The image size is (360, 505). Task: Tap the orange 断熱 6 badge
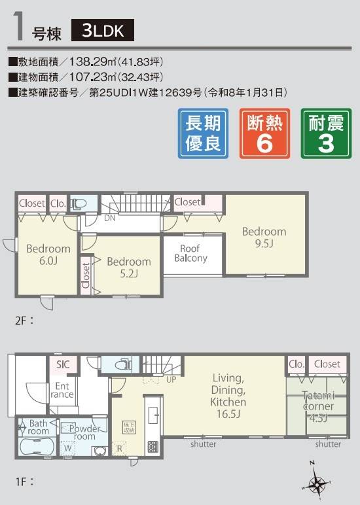tap(264, 133)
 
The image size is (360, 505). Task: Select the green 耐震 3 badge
tap(325, 133)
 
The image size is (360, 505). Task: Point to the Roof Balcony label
tap(190, 253)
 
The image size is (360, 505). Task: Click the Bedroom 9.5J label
tap(264, 237)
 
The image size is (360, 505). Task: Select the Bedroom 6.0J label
tap(48, 254)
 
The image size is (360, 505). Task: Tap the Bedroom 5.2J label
tap(128, 267)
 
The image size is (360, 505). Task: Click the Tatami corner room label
tap(318, 406)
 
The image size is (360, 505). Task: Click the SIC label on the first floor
tap(63, 364)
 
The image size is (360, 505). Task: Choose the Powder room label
tap(79, 432)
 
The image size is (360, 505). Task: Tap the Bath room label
tap(38, 428)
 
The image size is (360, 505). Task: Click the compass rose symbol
tap(317, 484)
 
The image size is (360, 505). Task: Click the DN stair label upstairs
tap(109, 217)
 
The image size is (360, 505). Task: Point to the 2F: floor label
tap(24, 321)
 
